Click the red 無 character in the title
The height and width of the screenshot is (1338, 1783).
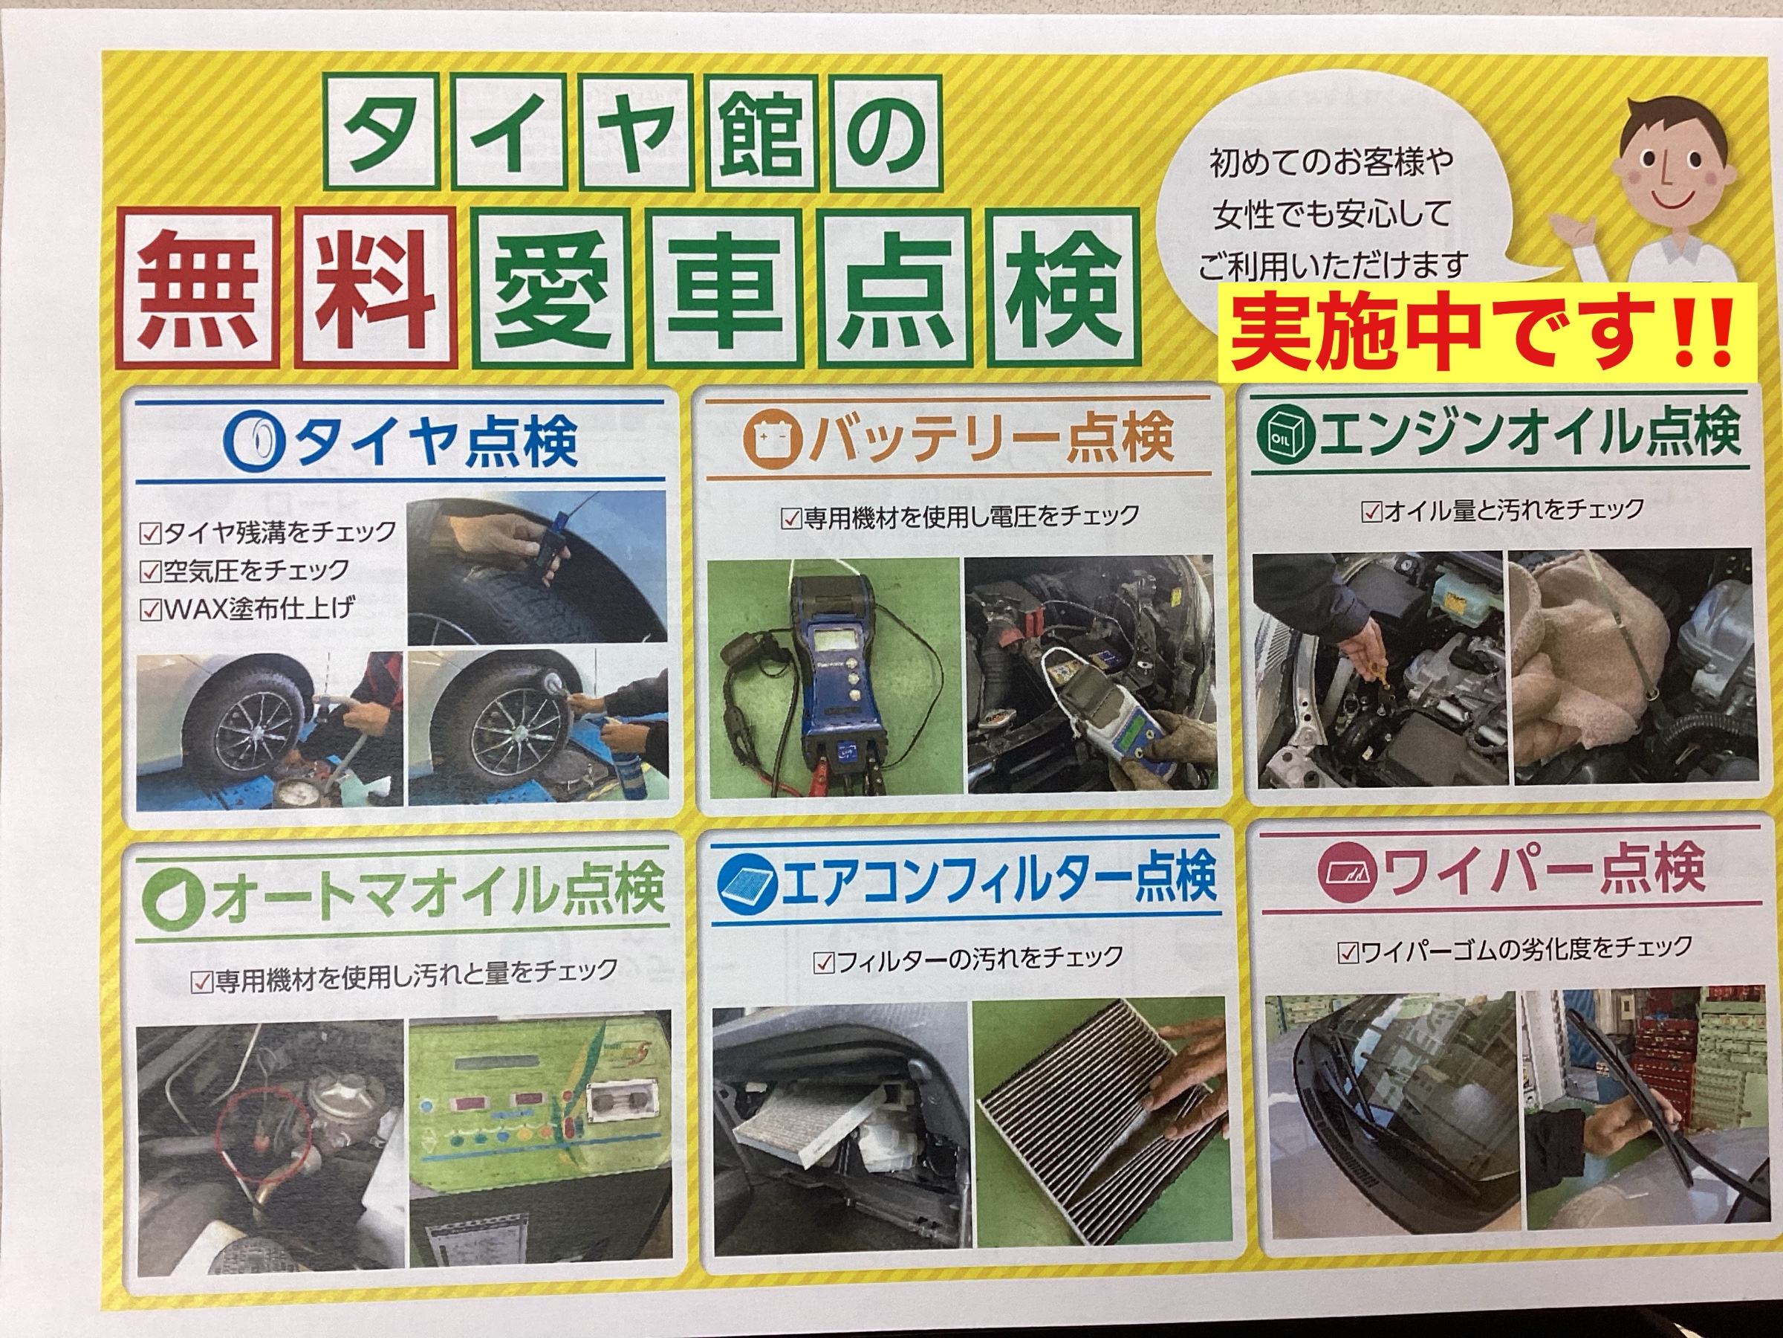click(198, 288)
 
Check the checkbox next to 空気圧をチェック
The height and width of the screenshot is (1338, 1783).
click(150, 572)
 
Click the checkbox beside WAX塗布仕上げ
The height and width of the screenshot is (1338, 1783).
click(150, 610)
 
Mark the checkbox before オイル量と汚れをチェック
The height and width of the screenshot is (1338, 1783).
click(1371, 511)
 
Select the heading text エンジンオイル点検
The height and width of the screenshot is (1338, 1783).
click(1528, 436)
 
